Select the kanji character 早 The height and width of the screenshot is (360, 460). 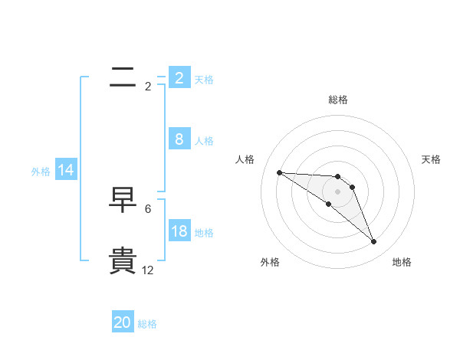[123, 200]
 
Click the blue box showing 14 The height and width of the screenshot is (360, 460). [66, 171]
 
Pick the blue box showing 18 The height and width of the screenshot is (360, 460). [179, 231]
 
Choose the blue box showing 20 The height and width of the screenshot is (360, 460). [123, 322]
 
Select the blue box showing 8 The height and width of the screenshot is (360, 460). [179, 139]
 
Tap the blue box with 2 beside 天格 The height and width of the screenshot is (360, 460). [179, 77]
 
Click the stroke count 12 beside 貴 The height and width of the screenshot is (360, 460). [148, 270]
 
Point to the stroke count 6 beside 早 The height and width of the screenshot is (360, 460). [148, 208]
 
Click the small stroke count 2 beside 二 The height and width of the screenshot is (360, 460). [148, 86]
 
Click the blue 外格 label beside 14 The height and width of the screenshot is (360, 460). [41, 172]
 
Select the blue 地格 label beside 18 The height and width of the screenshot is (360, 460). [204, 233]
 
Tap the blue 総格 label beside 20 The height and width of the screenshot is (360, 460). [147, 324]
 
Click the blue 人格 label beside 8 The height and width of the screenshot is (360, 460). [204, 141]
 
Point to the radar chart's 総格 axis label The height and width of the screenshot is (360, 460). [338, 100]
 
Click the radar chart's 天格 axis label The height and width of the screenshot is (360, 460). [432, 159]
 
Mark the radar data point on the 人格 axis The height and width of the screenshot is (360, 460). [279, 172]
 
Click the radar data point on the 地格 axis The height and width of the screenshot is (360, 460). [373, 242]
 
